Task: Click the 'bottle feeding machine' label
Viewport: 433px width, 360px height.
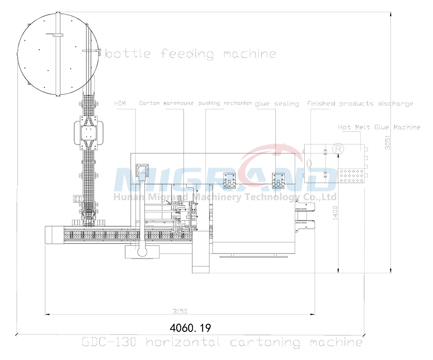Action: (x=191, y=54)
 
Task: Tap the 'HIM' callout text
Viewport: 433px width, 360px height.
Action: (x=120, y=104)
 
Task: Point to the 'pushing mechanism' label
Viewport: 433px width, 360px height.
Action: (x=225, y=104)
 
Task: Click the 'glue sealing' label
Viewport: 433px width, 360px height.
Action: (x=277, y=104)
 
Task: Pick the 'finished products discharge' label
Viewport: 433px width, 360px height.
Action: (x=360, y=104)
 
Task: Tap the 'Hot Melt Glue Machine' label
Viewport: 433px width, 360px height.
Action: (x=379, y=127)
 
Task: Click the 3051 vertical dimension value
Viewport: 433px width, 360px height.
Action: (x=388, y=143)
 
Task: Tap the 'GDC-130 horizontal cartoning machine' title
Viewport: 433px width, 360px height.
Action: (x=222, y=342)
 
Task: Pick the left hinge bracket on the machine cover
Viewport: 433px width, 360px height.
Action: (x=229, y=180)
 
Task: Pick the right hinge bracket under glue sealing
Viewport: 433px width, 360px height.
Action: (x=278, y=180)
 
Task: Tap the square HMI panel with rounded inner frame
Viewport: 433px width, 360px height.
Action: (x=142, y=171)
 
